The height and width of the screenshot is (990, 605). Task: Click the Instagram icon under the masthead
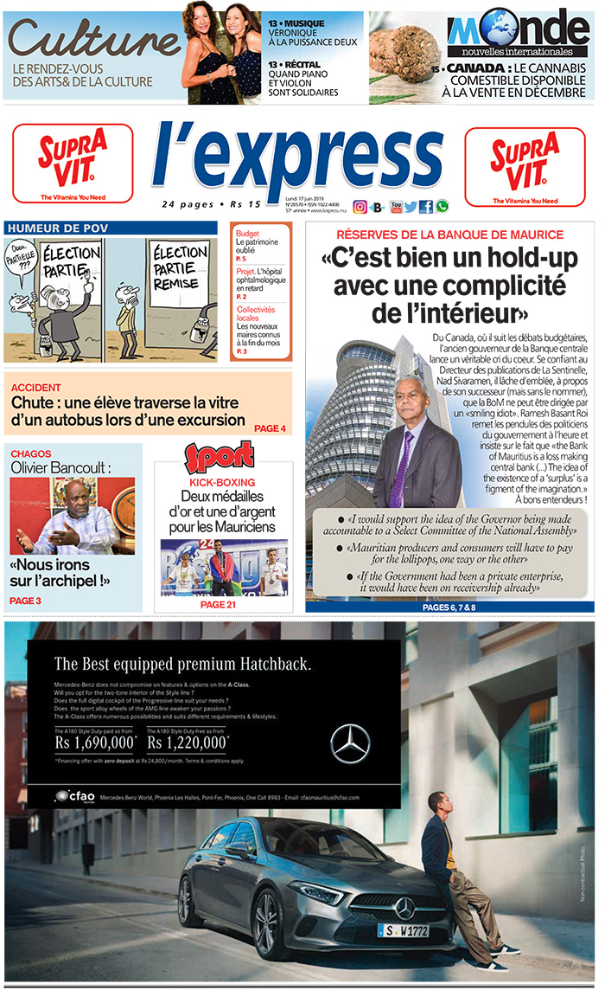(x=360, y=207)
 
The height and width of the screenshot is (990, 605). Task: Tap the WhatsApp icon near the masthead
(x=443, y=207)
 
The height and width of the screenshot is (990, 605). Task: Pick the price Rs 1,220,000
(x=188, y=742)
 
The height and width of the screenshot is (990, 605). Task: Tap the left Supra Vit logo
(x=73, y=163)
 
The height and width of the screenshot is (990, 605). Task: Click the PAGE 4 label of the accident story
(x=270, y=428)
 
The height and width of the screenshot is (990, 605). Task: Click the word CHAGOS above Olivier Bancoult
(x=31, y=453)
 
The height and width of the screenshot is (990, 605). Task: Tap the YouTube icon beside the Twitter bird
(x=396, y=207)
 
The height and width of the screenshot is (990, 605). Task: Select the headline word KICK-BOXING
(x=222, y=482)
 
